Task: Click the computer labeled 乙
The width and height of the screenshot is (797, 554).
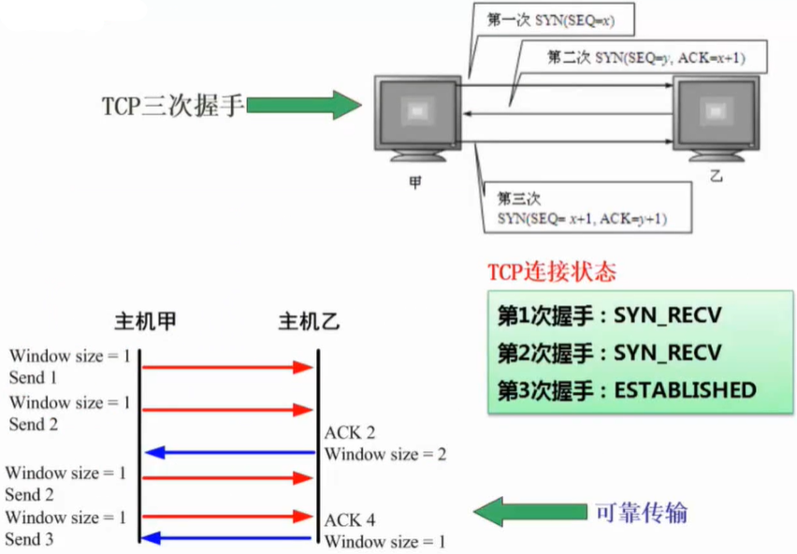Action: (716, 117)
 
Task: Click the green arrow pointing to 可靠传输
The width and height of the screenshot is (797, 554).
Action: (528, 511)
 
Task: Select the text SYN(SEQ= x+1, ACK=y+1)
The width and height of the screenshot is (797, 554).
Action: (582, 220)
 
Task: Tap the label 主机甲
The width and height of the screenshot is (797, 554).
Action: (145, 322)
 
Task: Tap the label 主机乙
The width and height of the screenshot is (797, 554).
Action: (310, 322)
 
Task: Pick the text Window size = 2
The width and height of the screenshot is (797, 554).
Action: (384, 455)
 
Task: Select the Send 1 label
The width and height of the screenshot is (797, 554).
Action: (33, 378)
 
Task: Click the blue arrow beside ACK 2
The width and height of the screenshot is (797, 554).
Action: (228, 453)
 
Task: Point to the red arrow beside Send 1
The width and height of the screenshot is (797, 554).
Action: (228, 367)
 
